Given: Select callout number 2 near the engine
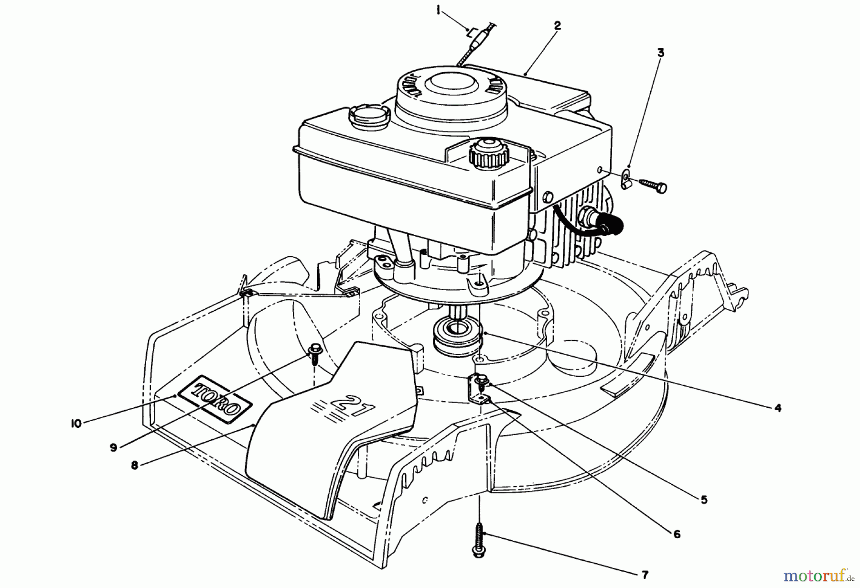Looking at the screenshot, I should (557, 26).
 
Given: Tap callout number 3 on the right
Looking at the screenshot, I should (661, 53).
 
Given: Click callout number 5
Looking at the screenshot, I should (704, 500).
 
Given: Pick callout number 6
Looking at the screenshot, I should (677, 534).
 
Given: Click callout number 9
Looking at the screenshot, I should (113, 448).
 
